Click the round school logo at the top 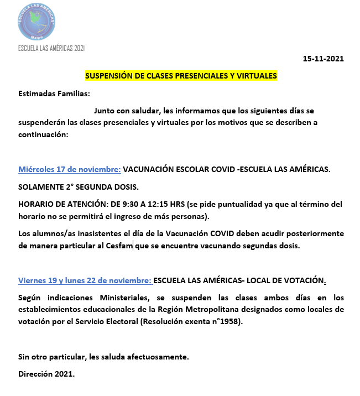[36, 22]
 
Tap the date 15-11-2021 [324, 59]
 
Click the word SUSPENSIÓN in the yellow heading [109, 76]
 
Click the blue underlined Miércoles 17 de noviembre [70, 169]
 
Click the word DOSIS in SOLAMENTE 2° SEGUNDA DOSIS [128, 187]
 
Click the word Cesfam [119, 246]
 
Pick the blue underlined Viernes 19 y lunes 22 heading [85, 280]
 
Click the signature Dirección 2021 [46, 374]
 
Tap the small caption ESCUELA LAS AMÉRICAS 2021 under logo [51, 49]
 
